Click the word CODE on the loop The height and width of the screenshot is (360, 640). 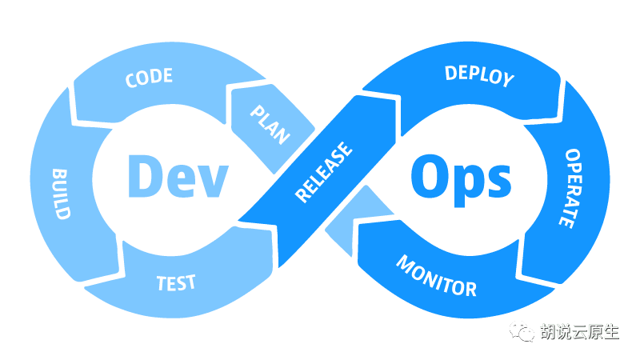[x=150, y=77]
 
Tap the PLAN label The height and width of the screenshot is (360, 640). [x=270, y=124]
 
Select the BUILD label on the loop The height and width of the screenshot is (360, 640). [x=61, y=194]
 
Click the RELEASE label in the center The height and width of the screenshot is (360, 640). [x=324, y=172]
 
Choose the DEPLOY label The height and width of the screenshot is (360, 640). [x=478, y=76]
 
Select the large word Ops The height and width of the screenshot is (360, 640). [x=461, y=177]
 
